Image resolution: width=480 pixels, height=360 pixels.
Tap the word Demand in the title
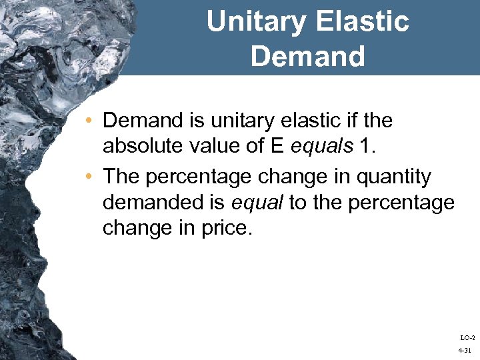point(307,57)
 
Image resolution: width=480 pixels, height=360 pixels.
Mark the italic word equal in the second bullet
point(257,202)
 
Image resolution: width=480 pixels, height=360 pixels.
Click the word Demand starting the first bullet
point(143,121)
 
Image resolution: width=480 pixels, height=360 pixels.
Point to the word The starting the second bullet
point(120,177)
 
